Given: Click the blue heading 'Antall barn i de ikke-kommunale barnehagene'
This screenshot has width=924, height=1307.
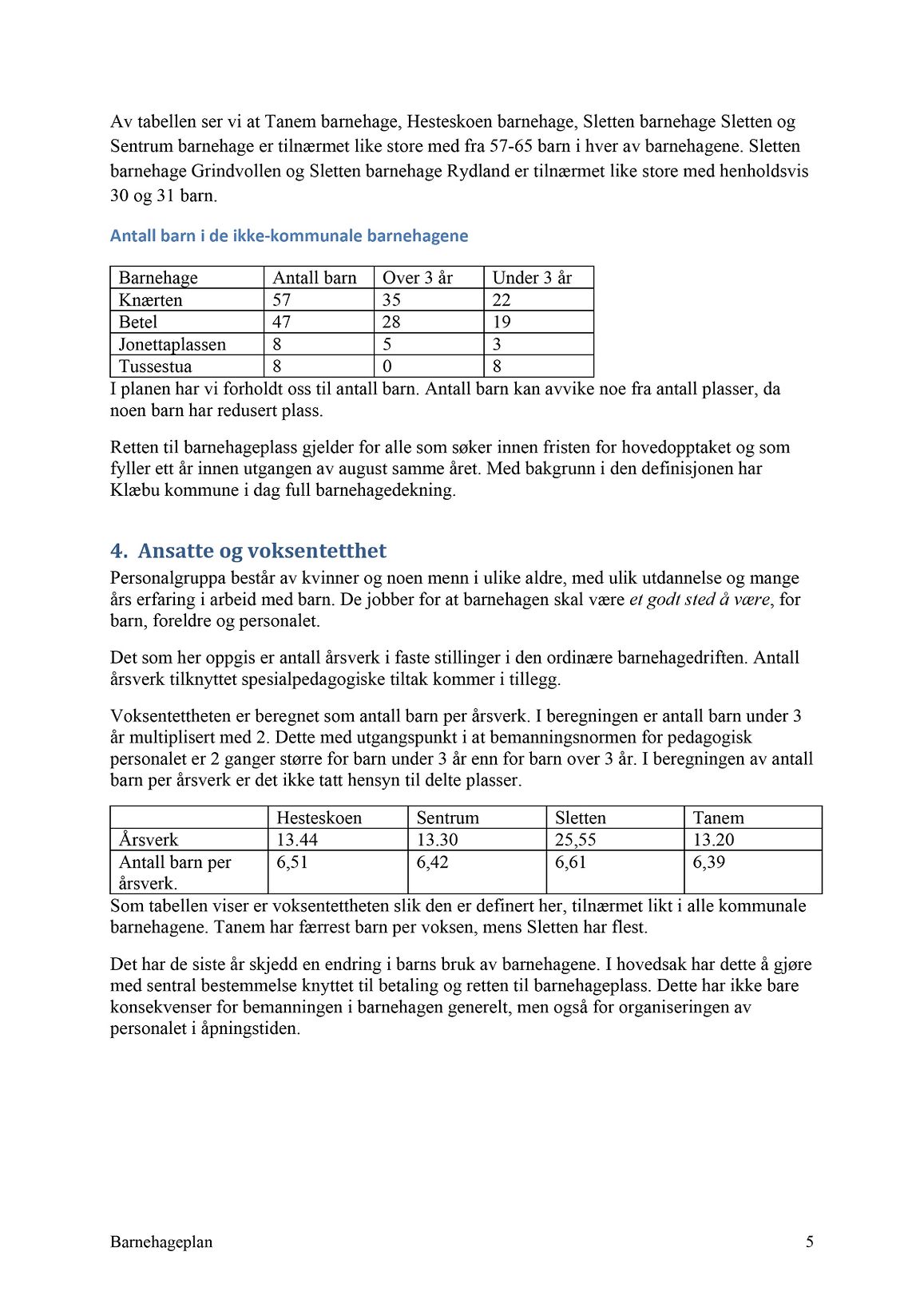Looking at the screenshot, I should [289, 236].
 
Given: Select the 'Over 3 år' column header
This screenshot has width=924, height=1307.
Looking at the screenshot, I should [417, 278].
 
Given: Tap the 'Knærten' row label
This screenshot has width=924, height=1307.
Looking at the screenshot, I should [150, 300].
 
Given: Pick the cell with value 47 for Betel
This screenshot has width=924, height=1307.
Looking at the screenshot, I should [282, 323].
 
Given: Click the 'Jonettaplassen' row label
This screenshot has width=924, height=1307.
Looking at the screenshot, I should [172, 345].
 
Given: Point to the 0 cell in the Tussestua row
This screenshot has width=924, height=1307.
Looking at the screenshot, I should [387, 367].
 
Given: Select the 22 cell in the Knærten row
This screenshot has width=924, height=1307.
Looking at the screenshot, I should [502, 300].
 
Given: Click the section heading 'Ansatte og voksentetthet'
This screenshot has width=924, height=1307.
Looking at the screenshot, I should [262, 551].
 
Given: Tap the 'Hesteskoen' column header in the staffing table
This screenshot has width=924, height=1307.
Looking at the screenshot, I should [319, 818].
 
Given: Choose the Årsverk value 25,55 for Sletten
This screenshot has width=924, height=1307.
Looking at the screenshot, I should [576, 840].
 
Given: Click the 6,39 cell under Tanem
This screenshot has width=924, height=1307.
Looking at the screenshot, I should [709, 862].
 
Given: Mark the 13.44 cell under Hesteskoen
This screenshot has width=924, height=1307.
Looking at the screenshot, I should [297, 840].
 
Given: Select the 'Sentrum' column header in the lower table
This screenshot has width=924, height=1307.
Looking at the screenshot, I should [447, 818].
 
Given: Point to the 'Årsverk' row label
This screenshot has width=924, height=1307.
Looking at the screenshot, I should [149, 840].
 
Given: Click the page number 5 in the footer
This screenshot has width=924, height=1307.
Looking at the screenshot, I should [810, 1242].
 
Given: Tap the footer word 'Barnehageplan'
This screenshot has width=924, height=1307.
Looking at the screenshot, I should [161, 1242].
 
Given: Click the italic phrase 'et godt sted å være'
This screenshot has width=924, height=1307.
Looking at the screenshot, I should [700, 600].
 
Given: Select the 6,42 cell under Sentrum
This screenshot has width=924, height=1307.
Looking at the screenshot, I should [433, 862].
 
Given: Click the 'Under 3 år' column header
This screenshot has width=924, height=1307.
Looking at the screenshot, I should [532, 278].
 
